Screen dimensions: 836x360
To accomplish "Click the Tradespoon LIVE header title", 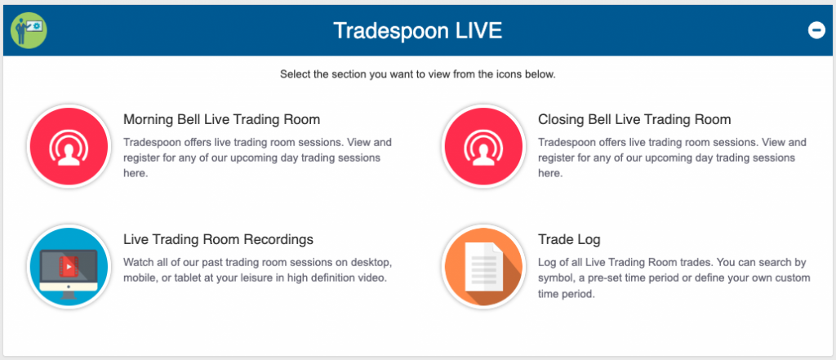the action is click(x=417, y=30).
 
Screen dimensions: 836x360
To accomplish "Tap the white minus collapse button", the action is click(x=816, y=30).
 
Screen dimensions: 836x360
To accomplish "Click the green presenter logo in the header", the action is click(x=29, y=30).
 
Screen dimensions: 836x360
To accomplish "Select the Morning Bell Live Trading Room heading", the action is click(x=222, y=119).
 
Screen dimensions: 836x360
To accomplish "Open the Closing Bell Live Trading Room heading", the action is click(x=634, y=119).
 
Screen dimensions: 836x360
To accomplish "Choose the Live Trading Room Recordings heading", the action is click(x=218, y=239).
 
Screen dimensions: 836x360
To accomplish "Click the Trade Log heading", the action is click(x=569, y=239).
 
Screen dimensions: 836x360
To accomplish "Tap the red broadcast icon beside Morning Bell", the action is click(x=69, y=147).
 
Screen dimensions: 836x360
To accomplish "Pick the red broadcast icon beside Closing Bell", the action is click(x=483, y=147).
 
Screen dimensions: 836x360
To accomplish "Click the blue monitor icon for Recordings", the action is click(x=69, y=267).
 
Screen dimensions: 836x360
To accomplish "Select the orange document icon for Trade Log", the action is click(x=483, y=267).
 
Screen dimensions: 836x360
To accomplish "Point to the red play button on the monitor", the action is click(x=69, y=265).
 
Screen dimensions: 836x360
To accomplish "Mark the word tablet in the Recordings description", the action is click(x=174, y=278).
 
